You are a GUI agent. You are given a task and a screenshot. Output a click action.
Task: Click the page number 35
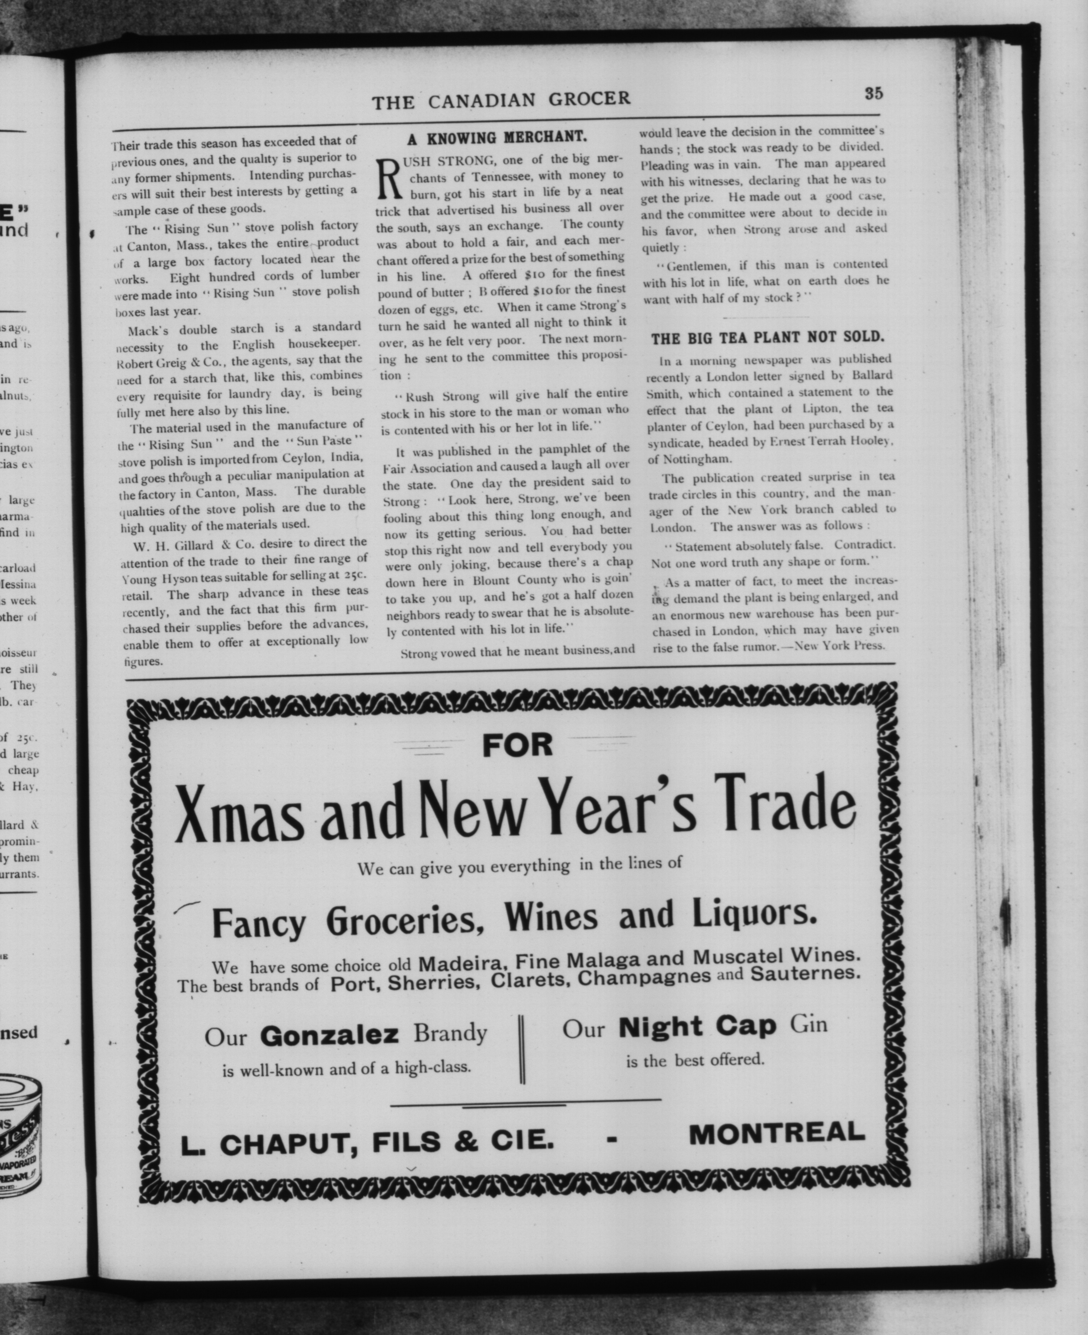(874, 93)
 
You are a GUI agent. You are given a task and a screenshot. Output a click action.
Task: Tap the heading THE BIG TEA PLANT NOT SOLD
(768, 338)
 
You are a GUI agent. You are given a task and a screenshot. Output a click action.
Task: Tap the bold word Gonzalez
(329, 1035)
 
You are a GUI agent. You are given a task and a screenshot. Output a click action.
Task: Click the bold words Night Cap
(697, 1026)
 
